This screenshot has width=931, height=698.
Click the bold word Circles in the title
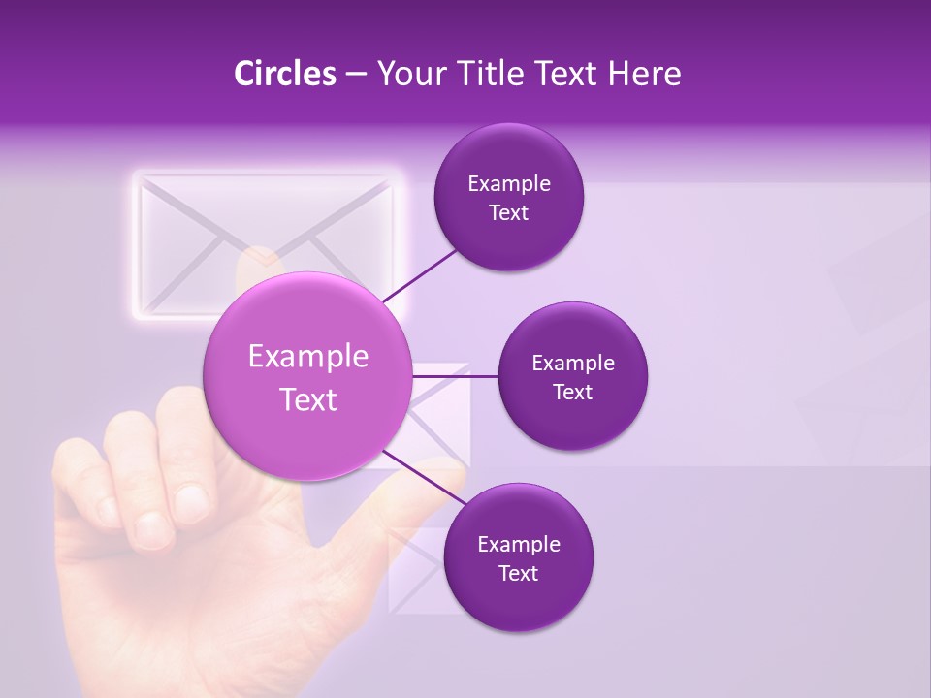[284, 74]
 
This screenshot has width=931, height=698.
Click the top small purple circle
[508, 198]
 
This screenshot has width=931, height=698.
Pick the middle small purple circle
[572, 376]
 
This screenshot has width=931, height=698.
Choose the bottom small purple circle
[518, 557]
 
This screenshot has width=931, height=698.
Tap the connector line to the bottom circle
[419, 475]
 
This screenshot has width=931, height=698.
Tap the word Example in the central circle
[308, 357]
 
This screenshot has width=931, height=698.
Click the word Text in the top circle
[508, 213]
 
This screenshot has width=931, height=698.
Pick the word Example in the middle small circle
[572, 363]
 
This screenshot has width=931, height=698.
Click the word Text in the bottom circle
[518, 573]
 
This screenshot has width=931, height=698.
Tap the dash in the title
[356, 74]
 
